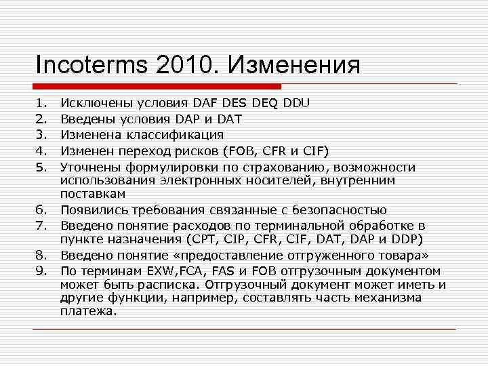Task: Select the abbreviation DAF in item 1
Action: tap(206, 103)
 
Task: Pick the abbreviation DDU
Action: tap(296, 103)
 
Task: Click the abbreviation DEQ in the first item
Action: tap(266, 103)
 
